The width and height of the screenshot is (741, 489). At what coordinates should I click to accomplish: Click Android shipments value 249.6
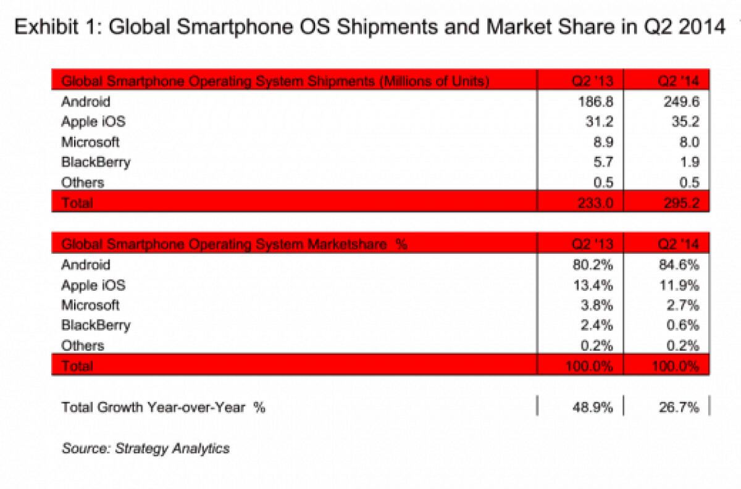[682, 101]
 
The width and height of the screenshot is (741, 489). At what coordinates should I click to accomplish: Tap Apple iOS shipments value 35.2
[685, 122]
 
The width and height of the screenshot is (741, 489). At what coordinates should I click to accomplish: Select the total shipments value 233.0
[595, 203]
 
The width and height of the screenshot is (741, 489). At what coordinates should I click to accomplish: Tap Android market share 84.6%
[679, 265]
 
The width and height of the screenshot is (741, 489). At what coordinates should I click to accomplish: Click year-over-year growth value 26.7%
[679, 407]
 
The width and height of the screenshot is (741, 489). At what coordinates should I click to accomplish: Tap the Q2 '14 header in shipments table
[679, 81]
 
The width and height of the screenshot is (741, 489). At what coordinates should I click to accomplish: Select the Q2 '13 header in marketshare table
[592, 244]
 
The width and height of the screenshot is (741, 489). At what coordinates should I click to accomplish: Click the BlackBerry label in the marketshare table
[96, 325]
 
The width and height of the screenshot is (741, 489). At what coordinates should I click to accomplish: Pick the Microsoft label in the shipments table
[90, 142]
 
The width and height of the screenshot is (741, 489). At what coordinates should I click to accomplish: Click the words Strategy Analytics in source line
[172, 448]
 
